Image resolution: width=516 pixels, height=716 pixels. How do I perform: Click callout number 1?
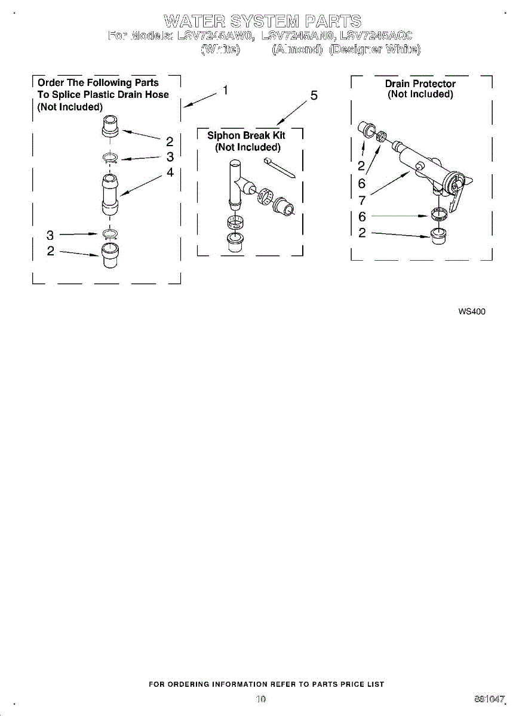point(225,91)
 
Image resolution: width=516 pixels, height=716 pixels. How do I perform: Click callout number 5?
point(314,96)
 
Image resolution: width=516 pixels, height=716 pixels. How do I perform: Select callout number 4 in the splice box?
point(170,172)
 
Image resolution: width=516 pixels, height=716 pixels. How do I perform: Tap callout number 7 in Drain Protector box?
point(362,200)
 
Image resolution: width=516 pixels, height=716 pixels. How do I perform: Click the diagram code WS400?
point(472,311)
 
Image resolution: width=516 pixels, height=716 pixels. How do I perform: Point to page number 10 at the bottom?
point(260,699)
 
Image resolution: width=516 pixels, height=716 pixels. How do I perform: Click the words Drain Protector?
point(420,84)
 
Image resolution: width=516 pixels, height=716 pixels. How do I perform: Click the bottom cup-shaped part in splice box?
point(110,255)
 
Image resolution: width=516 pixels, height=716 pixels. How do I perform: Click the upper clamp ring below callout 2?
point(110,158)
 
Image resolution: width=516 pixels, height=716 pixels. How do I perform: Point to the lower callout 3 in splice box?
point(50,234)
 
